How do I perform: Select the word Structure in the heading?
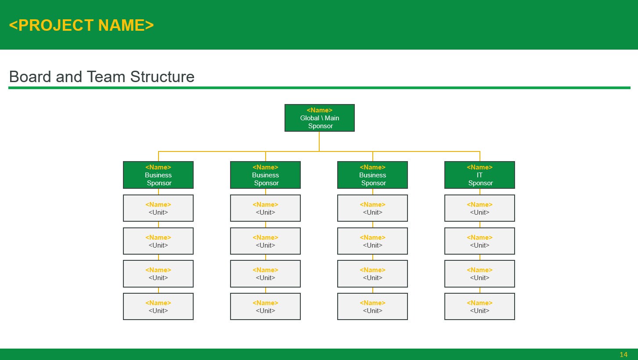point(162,77)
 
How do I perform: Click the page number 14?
point(624,354)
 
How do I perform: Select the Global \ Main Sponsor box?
point(319,118)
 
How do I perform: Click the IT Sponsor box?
point(479,175)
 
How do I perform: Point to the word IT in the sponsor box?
point(479,175)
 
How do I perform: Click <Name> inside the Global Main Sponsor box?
point(319,110)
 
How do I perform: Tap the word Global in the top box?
point(310,118)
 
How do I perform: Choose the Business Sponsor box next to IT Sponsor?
point(372,175)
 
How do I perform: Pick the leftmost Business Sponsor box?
point(158,175)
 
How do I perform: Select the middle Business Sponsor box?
point(265,175)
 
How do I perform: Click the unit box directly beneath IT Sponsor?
point(479,208)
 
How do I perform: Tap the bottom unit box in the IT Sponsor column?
point(479,306)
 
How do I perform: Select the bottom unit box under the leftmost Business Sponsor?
point(158,306)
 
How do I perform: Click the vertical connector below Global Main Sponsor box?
point(319,141)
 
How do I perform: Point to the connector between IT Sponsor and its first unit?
point(479,192)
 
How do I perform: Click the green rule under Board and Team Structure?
point(319,88)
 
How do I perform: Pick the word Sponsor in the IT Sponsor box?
point(480,183)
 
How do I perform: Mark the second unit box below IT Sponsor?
point(479,241)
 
